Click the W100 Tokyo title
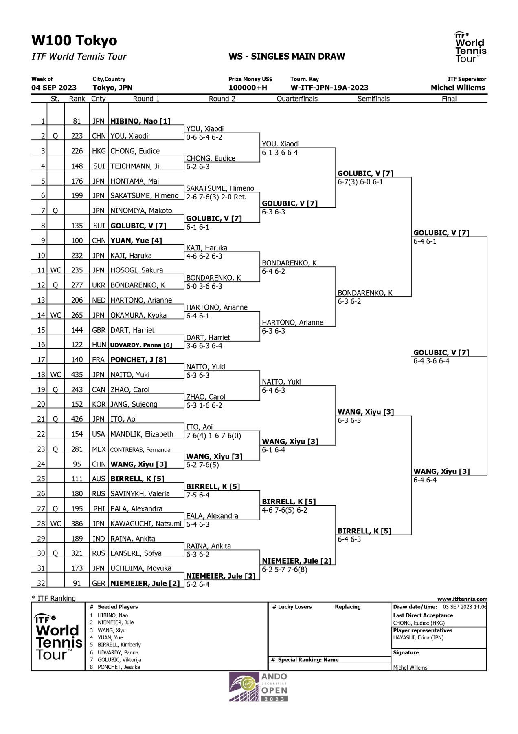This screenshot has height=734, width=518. click(x=74, y=41)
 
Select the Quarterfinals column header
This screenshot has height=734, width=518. click(x=297, y=99)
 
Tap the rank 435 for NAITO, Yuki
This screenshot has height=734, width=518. click(x=77, y=375)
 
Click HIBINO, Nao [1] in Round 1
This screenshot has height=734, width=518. click(x=140, y=121)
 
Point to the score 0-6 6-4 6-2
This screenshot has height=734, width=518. click(x=204, y=137)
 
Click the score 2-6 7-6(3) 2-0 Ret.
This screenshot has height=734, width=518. click(x=216, y=197)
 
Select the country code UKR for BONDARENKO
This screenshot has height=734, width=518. click(x=99, y=285)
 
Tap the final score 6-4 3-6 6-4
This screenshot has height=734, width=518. click(x=431, y=361)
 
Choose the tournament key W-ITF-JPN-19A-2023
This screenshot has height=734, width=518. click(x=329, y=88)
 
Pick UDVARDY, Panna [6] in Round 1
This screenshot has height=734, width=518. click(x=141, y=345)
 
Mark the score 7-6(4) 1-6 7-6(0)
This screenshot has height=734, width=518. click(x=213, y=436)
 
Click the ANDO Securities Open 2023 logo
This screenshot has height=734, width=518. click(x=259, y=687)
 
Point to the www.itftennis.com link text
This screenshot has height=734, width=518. click(x=462, y=599)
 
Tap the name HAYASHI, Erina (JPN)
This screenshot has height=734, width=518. click(x=418, y=637)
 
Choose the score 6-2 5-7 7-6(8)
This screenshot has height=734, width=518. click(x=284, y=569)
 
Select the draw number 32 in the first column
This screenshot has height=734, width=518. click(x=41, y=583)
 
